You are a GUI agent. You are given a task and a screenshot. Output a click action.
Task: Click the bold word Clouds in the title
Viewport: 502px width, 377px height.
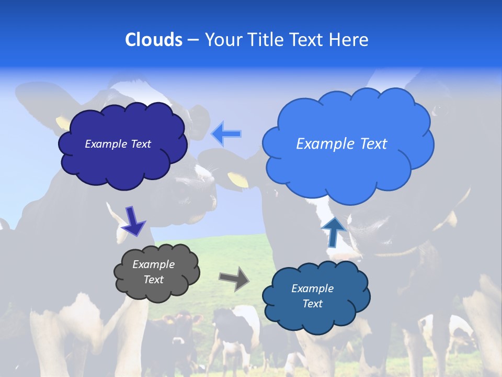[154, 39]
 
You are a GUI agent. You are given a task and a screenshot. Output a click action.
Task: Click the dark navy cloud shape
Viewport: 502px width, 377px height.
[123, 162]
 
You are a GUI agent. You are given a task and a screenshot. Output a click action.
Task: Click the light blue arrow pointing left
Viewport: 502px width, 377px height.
[226, 134]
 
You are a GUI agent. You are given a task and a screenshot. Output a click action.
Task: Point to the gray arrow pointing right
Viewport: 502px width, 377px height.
[234, 278]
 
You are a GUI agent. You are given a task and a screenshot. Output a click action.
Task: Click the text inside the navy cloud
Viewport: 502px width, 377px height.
[118, 144]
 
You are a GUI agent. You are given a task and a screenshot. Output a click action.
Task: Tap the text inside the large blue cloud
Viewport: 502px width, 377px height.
[341, 144]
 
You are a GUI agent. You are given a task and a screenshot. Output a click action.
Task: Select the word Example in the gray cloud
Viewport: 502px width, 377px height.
[153, 264]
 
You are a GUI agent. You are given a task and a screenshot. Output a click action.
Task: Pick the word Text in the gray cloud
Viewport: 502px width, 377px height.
[153, 280]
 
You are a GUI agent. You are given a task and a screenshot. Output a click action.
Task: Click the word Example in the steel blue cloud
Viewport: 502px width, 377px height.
[312, 289]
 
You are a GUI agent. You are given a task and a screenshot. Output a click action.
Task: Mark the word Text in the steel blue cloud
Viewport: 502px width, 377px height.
[312, 304]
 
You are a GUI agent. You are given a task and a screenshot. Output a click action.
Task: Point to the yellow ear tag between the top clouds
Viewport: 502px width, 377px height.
[238, 180]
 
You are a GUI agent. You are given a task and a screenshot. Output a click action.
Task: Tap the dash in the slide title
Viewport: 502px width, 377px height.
[193, 40]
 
